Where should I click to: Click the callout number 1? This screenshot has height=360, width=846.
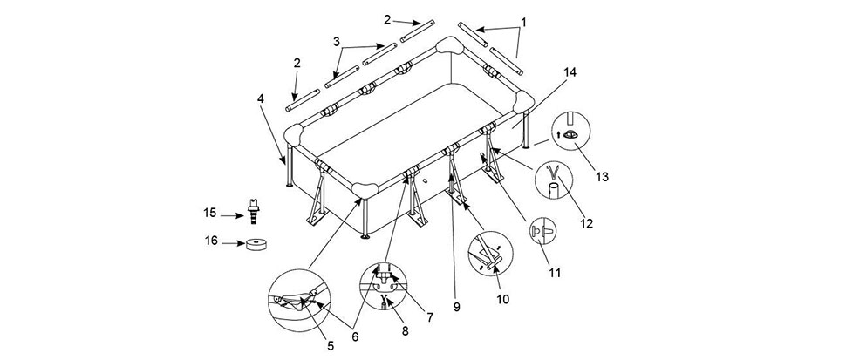point(522,23)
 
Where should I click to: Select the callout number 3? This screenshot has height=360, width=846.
point(337,42)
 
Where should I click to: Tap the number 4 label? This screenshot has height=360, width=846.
point(261,98)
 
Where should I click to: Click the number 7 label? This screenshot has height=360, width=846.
point(429,317)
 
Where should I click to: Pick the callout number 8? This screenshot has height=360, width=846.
point(406,332)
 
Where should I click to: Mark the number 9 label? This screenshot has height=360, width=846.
point(456,307)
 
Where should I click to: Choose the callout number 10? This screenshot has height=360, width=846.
point(503,298)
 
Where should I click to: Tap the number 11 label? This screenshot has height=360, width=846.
point(556,273)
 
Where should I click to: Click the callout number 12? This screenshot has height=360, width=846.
point(586,223)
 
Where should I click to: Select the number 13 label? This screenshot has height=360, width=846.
point(602,176)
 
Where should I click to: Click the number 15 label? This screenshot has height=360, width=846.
point(210,214)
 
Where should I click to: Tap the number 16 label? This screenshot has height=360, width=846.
point(211,241)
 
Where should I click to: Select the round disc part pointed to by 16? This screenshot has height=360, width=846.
point(256,245)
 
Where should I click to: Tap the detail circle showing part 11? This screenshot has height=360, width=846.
point(542,232)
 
